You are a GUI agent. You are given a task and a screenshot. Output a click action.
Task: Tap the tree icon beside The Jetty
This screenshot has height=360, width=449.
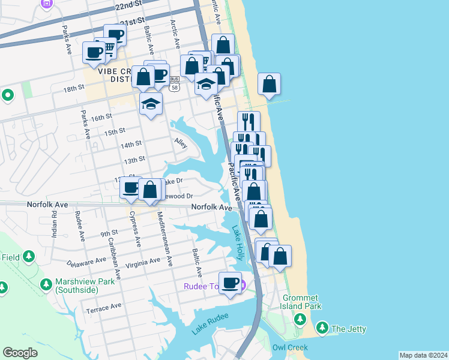pos(323,328)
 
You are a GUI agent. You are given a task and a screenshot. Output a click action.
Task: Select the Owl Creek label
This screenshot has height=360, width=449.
pos(290,347)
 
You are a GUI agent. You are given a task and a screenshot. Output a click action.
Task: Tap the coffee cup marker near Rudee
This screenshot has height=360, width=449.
pos(229,283)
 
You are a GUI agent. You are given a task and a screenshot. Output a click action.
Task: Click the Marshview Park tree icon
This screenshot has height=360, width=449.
pos(46,283)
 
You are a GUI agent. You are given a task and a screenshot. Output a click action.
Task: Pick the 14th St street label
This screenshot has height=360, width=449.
pos(130,145)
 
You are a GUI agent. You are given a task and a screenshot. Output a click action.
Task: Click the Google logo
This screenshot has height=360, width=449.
pos(20,353)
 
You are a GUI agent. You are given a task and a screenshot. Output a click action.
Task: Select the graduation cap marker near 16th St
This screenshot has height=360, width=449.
pos(151,104)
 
